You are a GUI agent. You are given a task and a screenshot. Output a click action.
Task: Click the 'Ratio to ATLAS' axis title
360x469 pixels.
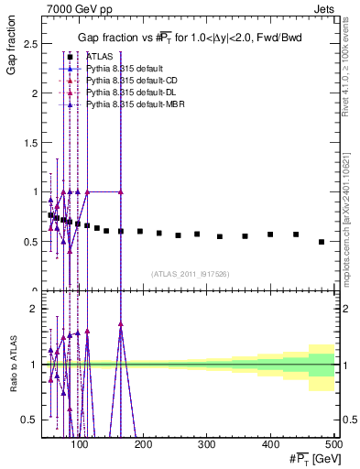tap(12, 364)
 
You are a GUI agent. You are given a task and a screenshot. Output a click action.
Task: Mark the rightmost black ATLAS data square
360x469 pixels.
tap(322, 242)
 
